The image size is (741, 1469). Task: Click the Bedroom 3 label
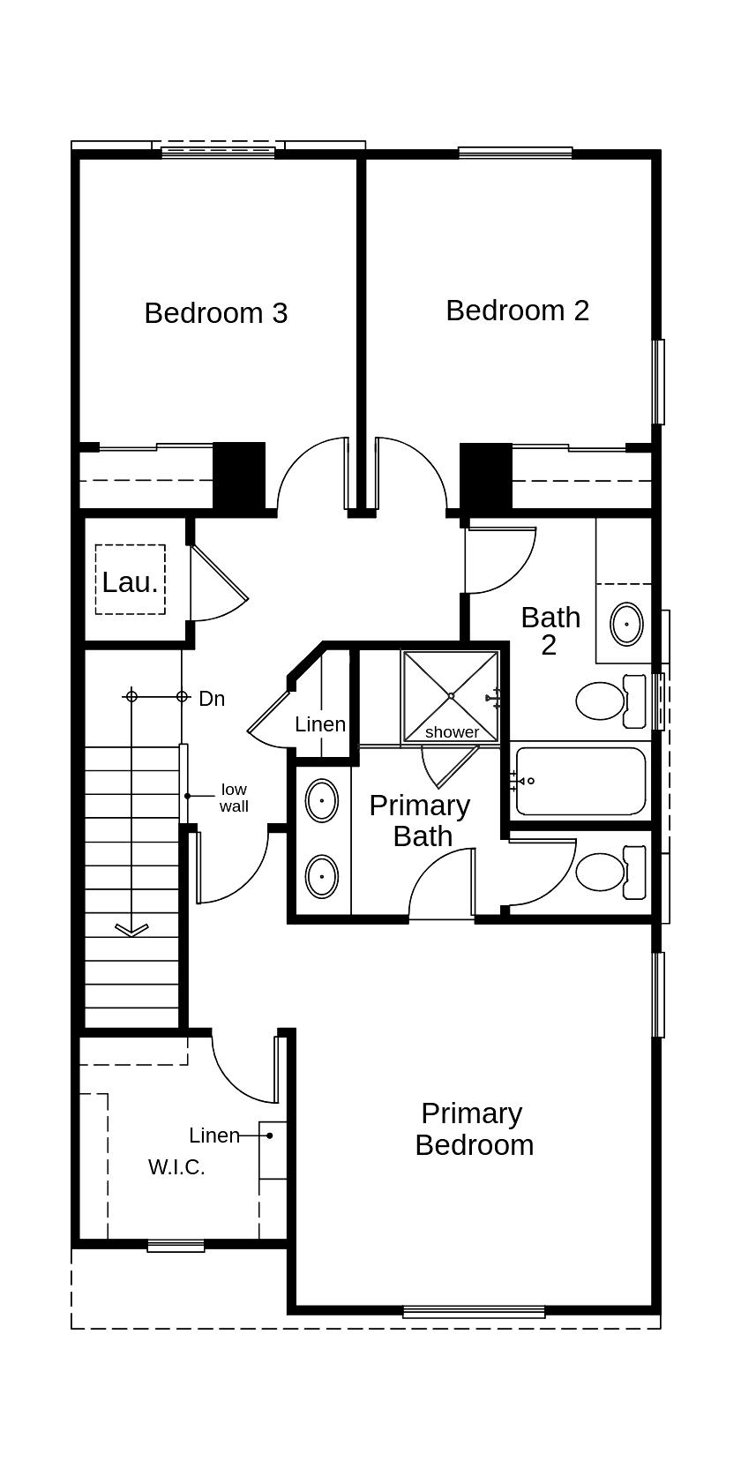pos(216,313)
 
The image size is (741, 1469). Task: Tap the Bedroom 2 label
pos(517,311)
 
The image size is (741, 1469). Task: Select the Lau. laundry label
pos(130,582)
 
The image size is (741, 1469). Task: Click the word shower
pos(452,732)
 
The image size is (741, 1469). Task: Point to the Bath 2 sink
pos(627,625)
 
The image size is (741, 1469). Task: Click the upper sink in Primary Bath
pos(322,801)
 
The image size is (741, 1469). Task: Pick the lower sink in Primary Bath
pos(322,877)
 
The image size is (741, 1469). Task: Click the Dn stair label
pos(212,699)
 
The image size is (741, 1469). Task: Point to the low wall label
pos(234,798)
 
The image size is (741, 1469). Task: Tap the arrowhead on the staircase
pos(131,929)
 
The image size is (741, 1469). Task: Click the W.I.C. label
pos(176,1167)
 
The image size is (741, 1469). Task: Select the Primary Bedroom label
pos(474,1129)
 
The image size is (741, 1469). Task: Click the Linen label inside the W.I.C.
pos(214,1135)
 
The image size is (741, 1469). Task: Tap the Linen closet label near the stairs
pos(320,724)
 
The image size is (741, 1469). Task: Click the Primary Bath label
pos(420,821)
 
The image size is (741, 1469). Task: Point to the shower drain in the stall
pos(451,696)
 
